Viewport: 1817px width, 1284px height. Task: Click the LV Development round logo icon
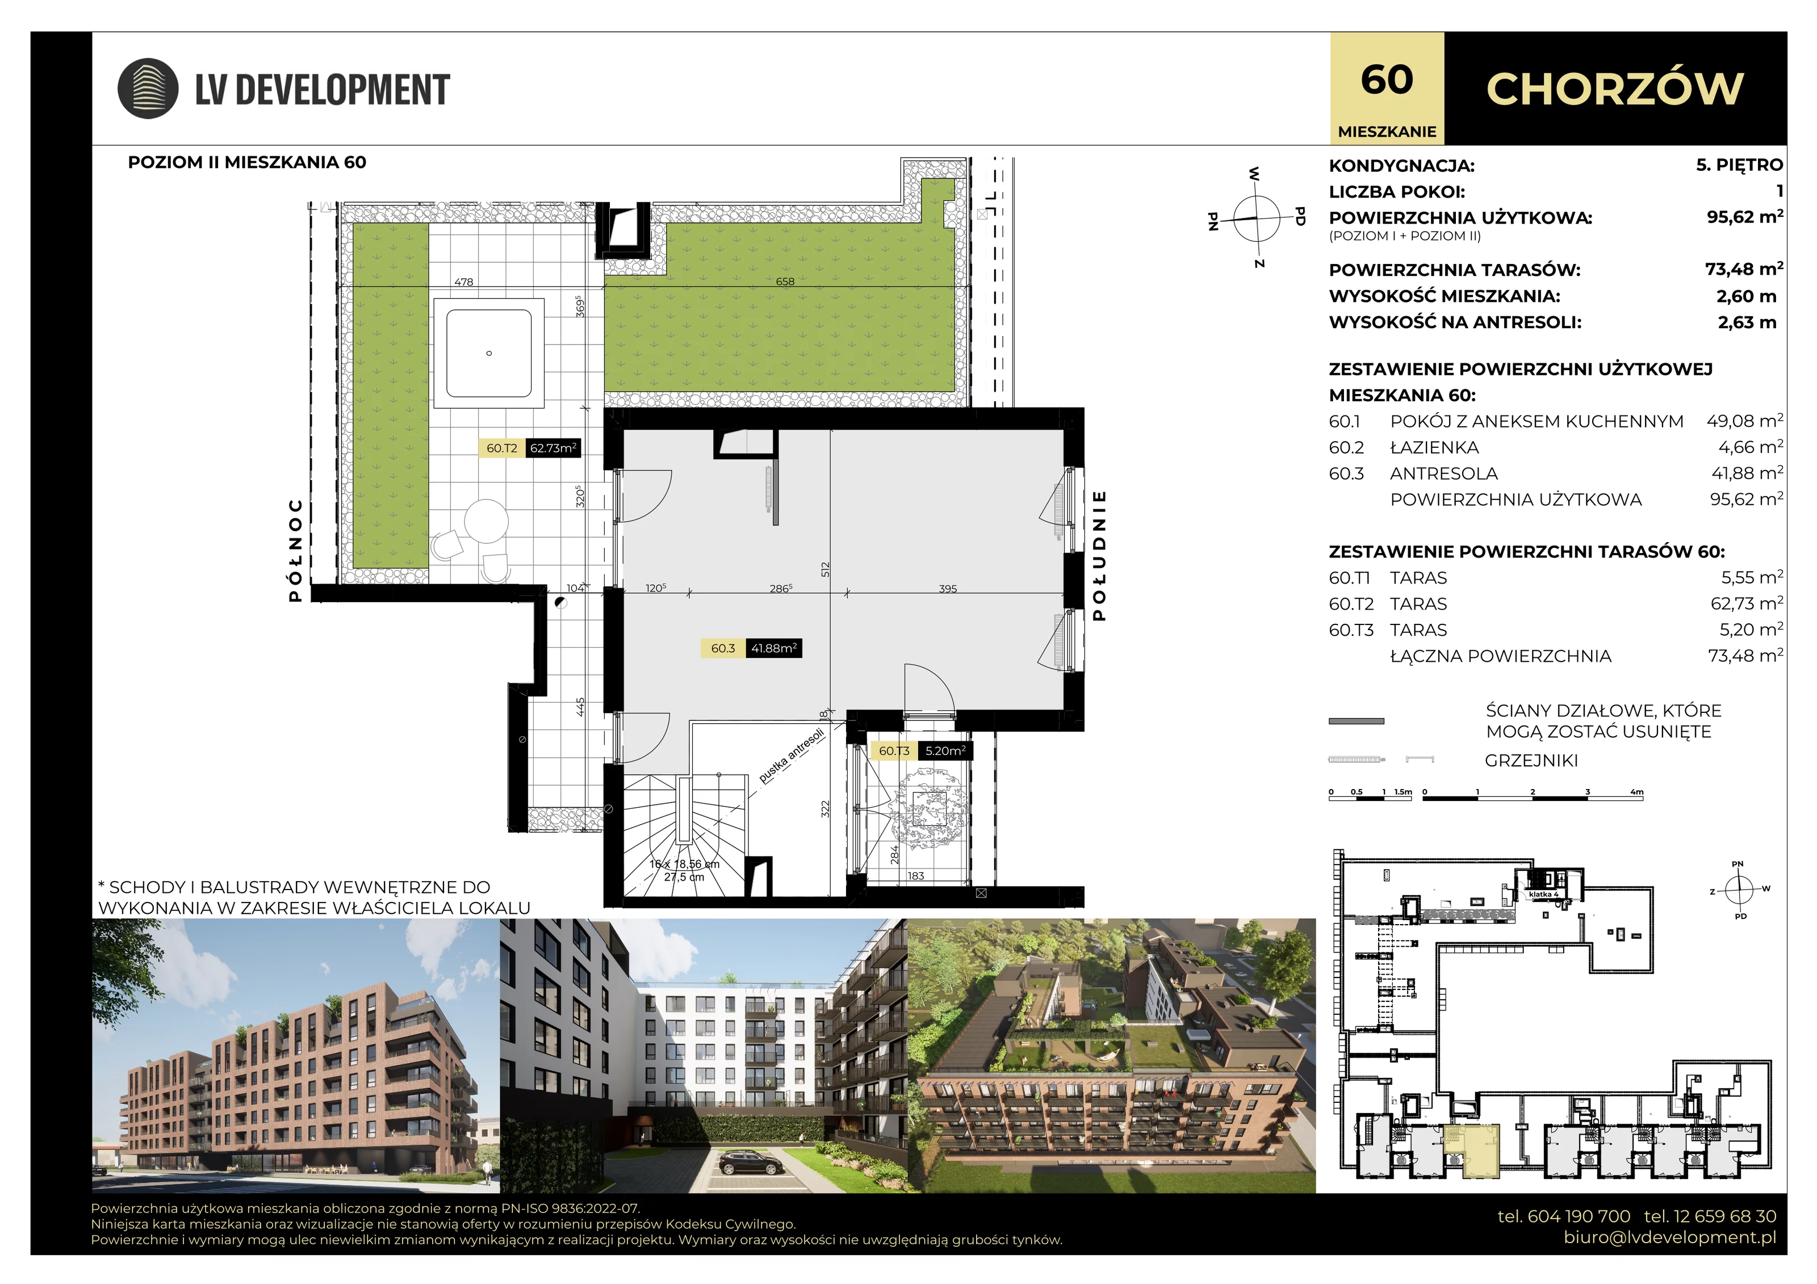pyautogui.click(x=148, y=89)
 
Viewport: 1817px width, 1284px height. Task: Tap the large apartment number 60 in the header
pyautogui.click(x=1387, y=80)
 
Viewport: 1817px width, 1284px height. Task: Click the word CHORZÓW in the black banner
pyautogui.click(x=1614, y=89)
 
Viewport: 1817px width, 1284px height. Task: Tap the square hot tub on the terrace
pyautogui.click(x=488, y=353)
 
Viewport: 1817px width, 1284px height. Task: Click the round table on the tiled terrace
pyautogui.click(x=486, y=521)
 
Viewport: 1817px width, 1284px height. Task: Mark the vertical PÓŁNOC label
pyautogui.click(x=295, y=550)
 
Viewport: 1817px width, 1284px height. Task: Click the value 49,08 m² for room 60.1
pyautogui.click(x=1745, y=421)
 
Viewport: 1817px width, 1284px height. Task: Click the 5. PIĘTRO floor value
pyautogui.click(x=1739, y=165)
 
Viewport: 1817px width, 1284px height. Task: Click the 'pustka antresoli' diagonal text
pyautogui.click(x=792, y=756)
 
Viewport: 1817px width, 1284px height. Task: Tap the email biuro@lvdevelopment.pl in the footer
pyautogui.click(x=1670, y=1237)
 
